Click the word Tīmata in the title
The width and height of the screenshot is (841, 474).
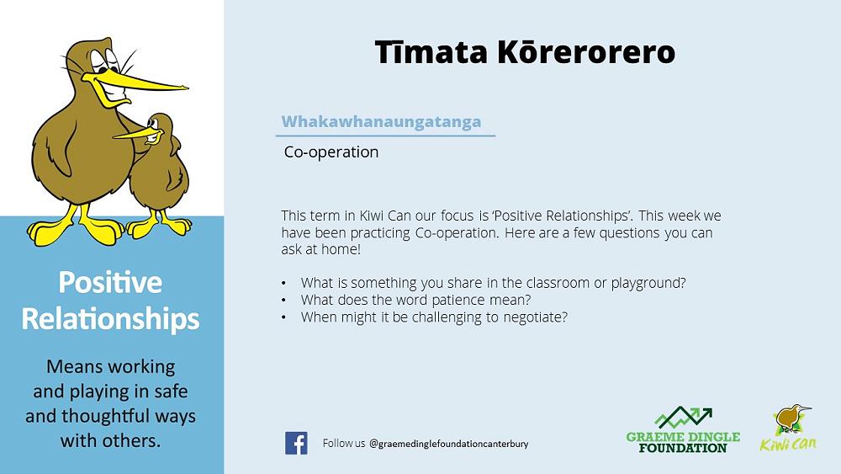(x=431, y=52)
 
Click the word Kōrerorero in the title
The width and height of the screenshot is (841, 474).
(x=586, y=52)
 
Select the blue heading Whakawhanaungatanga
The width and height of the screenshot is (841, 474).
(x=381, y=121)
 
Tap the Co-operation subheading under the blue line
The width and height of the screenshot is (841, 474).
(x=331, y=152)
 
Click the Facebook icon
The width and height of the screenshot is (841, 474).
(x=296, y=444)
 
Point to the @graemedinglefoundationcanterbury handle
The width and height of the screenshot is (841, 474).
(x=449, y=444)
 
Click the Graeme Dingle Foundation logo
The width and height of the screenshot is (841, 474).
(x=683, y=430)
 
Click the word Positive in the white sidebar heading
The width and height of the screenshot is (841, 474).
(x=110, y=282)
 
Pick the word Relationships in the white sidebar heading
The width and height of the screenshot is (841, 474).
(x=110, y=319)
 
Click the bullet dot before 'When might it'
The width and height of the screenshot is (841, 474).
(x=283, y=317)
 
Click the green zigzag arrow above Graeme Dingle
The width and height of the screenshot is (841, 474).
(x=683, y=417)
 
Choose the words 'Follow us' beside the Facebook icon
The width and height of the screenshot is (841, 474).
(x=344, y=444)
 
